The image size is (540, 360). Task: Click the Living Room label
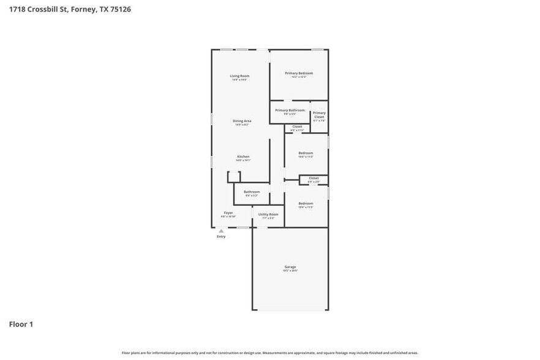pyautogui.click(x=239, y=76)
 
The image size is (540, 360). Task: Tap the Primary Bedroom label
pyautogui.click(x=299, y=73)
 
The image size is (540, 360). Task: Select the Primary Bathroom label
pyautogui.click(x=290, y=110)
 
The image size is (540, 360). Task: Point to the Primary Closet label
pyautogui.click(x=319, y=114)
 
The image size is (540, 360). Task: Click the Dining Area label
pyautogui.click(x=242, y=121)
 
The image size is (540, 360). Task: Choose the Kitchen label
pyautogui.click(x=243, y=157)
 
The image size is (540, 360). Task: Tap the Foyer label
pyautogui.click(x=228, y=213)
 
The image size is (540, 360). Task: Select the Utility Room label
pyautogui.click(x=268, y=214)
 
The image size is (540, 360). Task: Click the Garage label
pyautogui.click(x=290, y=267)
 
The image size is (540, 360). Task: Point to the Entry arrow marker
pyautogui.click(x=221, y=231)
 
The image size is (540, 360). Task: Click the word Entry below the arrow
pyautogui.click(x=221, y=236)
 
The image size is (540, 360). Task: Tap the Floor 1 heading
pyautogui.click(x=20, y=324)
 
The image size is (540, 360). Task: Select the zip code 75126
pyautogui.click(x=120, y=9)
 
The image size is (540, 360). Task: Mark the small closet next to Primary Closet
pyautogui.click(x=297, y=127)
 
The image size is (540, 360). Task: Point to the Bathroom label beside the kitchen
pyautogui.click(x=252, y=192)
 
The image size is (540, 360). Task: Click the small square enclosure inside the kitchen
pyautogui.click(x=234, y=177)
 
